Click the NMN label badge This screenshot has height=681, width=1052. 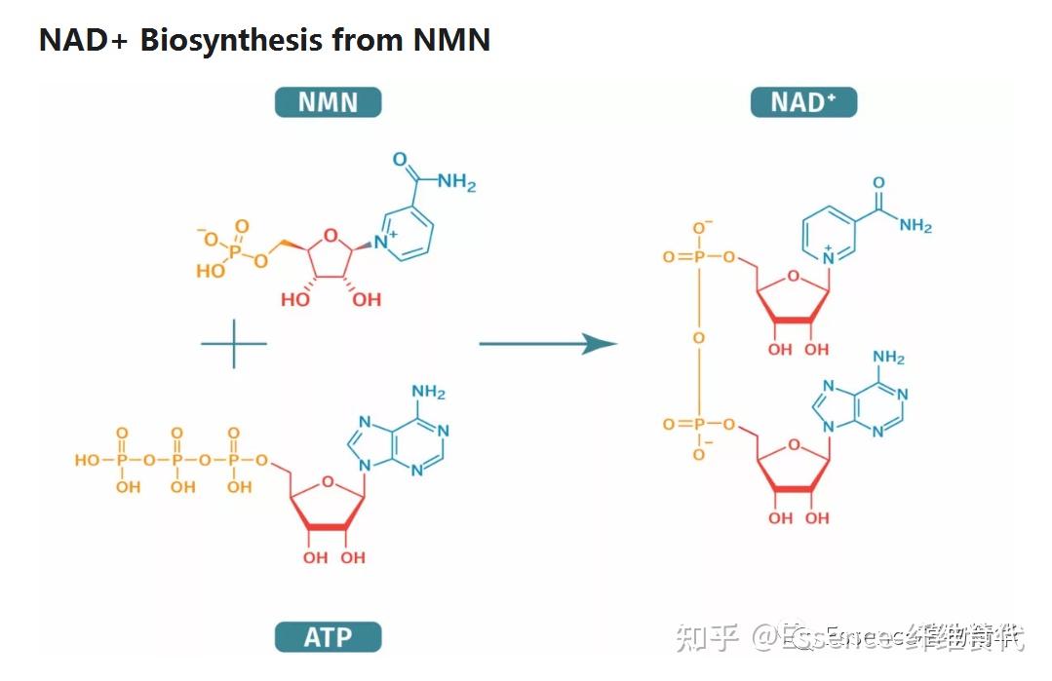(x=328, y=102)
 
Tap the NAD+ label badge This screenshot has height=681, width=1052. (x=803, y=102)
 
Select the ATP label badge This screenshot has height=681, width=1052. (x=328, y=638)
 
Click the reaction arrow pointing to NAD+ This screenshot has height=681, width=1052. (x=548, y=344)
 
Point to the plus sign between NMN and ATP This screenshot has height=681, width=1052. (x=234, y=344)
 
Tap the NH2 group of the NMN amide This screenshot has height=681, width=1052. (x=456, y=182)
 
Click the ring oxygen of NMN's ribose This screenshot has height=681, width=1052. (x=331, y=235)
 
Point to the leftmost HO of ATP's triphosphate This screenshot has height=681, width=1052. (x=88, y=459)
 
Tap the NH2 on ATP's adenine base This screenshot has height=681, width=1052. (x=429, y=393)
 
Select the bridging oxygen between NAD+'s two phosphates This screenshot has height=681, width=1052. (x=698, y=338)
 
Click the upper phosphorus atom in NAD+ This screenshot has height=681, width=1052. (x=698, y=257)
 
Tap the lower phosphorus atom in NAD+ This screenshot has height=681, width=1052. (x=698, y=425)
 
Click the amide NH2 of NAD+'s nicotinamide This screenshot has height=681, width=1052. (x=916, y=226)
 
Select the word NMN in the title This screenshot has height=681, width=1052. (x=451, y=41)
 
